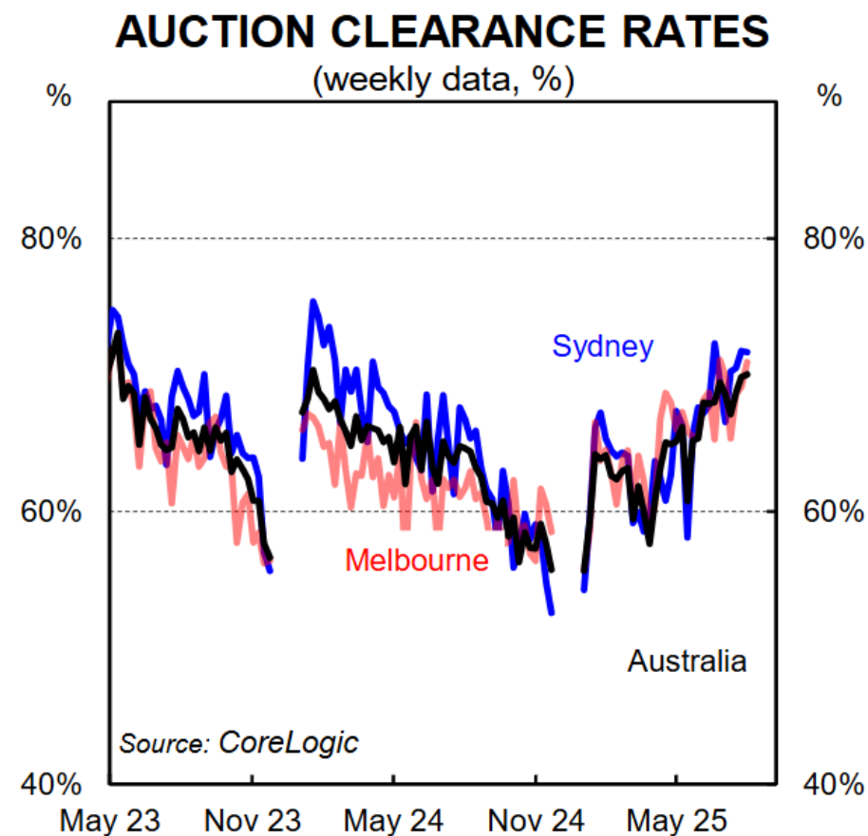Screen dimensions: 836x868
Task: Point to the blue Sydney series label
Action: click(602, 346)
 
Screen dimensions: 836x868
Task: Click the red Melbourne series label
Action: click(416, 561)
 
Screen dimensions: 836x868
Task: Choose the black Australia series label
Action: click(687, 660)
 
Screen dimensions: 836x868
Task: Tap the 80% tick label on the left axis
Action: click(50, 238)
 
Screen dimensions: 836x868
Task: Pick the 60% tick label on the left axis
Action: click(50, 511)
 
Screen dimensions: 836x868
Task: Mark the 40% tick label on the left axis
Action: click(50, 785)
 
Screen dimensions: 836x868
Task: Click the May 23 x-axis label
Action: click(111, 818)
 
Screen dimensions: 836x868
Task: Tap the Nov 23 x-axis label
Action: click(253, 818)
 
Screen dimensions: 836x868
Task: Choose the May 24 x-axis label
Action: click(394, 818)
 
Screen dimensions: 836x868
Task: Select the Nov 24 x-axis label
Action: click(536, 818)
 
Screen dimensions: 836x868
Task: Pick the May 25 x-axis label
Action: click(677, 818)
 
